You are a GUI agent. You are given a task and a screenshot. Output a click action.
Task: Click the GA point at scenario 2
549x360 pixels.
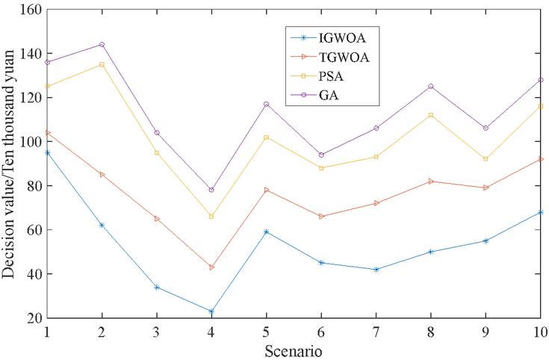click(102, 44)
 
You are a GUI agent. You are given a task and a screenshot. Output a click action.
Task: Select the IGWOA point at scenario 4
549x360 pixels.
click(211, 311)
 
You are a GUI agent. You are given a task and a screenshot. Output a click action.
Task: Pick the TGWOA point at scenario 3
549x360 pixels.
click(156, 219)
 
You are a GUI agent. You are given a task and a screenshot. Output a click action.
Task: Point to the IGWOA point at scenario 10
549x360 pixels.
click(540, 212)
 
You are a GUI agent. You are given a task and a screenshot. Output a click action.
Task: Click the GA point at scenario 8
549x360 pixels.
click(431, 86)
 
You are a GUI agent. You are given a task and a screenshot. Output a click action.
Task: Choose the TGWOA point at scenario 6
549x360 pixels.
click(321, 217)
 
